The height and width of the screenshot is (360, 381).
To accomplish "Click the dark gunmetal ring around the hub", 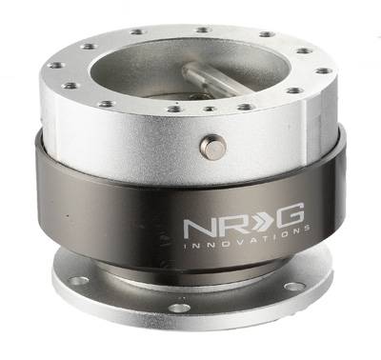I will pos(105,190).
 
